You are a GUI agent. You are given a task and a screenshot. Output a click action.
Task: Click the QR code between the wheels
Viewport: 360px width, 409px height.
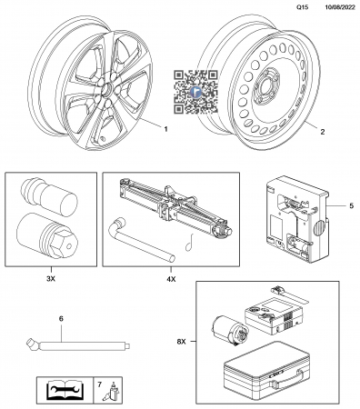195,92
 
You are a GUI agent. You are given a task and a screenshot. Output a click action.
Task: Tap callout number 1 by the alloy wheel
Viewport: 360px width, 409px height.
165,129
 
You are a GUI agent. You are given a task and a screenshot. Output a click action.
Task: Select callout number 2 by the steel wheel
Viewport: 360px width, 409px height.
323,132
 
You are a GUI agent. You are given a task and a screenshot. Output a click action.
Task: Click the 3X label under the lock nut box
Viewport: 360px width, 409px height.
51,279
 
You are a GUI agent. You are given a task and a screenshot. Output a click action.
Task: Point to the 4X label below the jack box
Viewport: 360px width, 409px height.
171,279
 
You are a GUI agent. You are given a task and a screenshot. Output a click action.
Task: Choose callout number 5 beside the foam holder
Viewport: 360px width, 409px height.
351,205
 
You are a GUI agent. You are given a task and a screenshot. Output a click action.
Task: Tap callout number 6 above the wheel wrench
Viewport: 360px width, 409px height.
61,318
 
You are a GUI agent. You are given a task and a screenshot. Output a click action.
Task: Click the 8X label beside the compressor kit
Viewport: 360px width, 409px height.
181,342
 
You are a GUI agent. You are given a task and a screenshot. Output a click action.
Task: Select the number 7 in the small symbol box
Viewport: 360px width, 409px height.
100,384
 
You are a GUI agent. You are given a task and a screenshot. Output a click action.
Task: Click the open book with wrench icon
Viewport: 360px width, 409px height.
65,390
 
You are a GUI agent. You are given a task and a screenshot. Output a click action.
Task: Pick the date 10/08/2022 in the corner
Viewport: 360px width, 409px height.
340,7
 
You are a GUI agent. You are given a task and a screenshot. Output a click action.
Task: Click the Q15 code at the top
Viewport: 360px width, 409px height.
303,7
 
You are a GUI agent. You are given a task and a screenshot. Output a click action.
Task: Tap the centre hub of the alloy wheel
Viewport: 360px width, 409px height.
106,90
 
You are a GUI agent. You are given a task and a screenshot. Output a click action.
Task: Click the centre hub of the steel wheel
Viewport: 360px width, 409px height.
265,88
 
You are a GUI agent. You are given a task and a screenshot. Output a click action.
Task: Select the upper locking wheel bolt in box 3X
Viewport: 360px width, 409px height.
49,196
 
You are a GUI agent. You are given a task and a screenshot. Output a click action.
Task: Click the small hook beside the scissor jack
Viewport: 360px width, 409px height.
189,243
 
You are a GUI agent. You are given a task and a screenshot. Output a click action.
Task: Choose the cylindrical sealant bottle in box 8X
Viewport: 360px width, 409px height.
231,331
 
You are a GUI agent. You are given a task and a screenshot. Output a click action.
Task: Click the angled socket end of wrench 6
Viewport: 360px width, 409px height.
32,345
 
